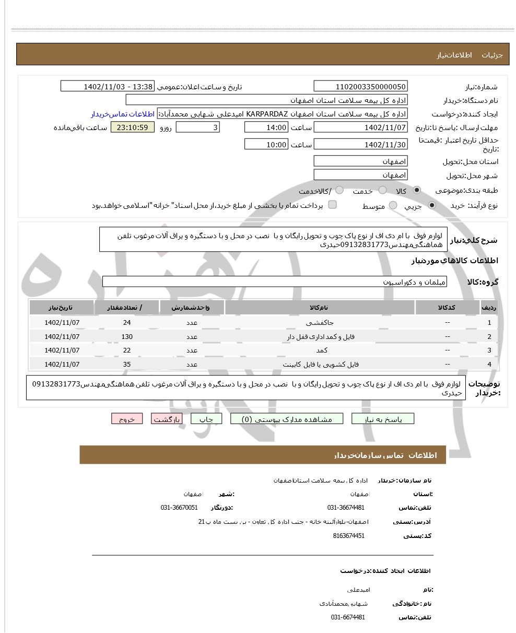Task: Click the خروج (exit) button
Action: click(x=127, y=419)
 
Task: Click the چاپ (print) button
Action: click(x=206, y=419)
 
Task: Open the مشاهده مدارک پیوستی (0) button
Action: click(x=287, y=419)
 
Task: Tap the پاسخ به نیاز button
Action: click(x=383, y=419)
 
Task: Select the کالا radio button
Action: click(x=417, y=190)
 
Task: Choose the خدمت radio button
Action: click(x=383, y=190)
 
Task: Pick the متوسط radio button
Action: click(x=393, y=206)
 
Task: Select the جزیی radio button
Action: click(x=431, y=206)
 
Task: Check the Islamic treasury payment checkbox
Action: click(x=332, y=205)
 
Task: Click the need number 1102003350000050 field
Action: click(x=360, y=87)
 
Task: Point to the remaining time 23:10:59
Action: click(x=133, y=127)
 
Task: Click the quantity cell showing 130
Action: click(x=127, y=337)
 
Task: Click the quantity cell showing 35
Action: click(x=127, y=364)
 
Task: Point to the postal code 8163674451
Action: click(x=348, y=536)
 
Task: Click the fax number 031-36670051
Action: click(x=179, y=508)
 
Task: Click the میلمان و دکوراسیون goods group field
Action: click(x=275, y=282)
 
